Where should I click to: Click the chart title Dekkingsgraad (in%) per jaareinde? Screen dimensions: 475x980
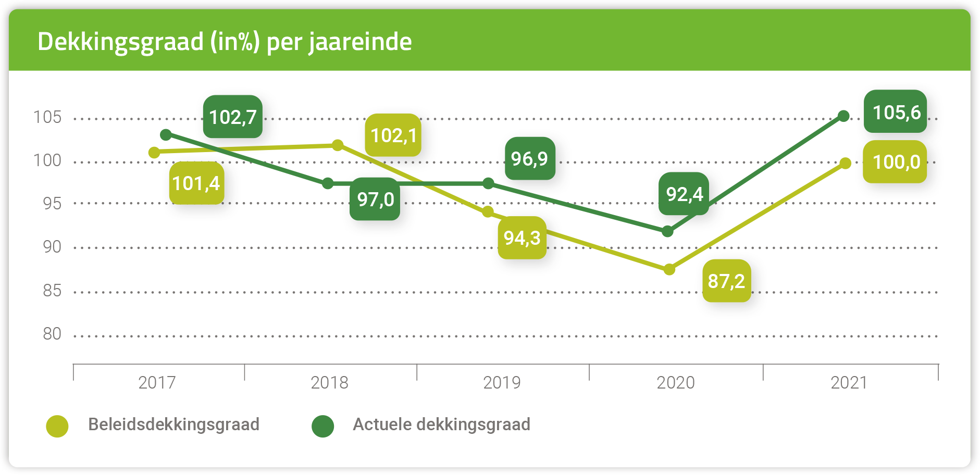(x=225, y=42)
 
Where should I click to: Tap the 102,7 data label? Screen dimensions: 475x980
(x=233, y=117)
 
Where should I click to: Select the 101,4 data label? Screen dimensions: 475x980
(x=196, y=183)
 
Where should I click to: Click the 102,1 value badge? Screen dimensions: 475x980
(x=393, y=135)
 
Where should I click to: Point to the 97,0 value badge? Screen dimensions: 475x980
(x=375, y=199)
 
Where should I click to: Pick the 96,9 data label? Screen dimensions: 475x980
(x=530, y=158)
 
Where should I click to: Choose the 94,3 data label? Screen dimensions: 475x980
(x=522, y=238)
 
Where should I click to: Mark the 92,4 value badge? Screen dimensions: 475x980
(x=684, y=194)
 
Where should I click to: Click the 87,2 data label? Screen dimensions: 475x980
(x=726, y=281)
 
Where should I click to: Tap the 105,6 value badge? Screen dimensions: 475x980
(x=896, y=112)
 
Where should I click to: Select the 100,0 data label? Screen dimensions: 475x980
(x=895, y=162)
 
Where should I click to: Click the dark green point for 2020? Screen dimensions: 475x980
(x=667, y=231)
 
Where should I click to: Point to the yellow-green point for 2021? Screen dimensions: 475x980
(x=845, y=163)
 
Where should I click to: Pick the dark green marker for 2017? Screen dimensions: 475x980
(x=166, y=135)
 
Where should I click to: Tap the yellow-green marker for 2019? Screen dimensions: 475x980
(x=488, y=211)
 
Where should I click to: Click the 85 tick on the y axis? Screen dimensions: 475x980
(x=52, y=291)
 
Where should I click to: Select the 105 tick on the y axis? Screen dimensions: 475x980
(x=47, y=117)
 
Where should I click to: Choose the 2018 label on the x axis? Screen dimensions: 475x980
(x=329, y=383)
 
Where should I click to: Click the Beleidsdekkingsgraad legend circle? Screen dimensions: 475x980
(x=57, y=426)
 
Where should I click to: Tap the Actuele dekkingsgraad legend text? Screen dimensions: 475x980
(x=441, y=424)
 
